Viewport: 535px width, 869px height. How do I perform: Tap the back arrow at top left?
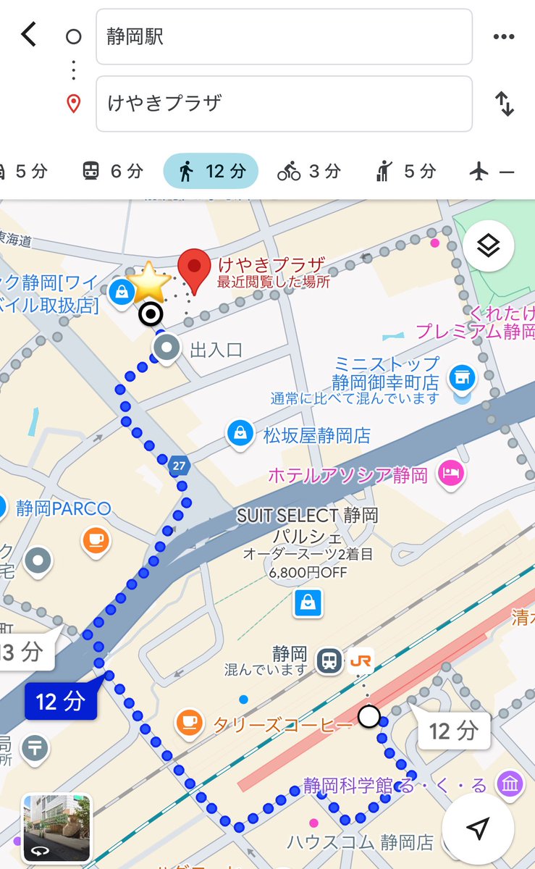click(29, 34)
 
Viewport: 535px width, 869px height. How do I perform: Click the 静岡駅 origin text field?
click(284, 37)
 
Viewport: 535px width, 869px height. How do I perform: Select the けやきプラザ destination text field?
click(284, 104)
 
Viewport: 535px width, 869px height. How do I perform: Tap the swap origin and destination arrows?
click(504, 104)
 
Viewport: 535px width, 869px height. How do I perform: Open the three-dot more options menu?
click(503, 37)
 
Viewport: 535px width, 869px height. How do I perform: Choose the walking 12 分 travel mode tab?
click(211, 172)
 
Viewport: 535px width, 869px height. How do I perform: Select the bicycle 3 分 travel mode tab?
click(309, 172)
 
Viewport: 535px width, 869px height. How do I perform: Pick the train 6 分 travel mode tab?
click(112, 172)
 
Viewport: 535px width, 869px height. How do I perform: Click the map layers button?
click(489, 246)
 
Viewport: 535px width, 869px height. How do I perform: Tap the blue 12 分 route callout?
click(60, 701)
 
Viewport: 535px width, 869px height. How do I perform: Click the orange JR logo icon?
click(360, 660)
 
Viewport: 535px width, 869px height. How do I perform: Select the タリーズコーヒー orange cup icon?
click(189, 723)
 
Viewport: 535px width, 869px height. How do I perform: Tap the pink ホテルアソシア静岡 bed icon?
click(451, 474)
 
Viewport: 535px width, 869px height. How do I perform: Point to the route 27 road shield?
click(179, 466)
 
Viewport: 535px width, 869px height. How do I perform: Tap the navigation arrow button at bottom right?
click(478, 828)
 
